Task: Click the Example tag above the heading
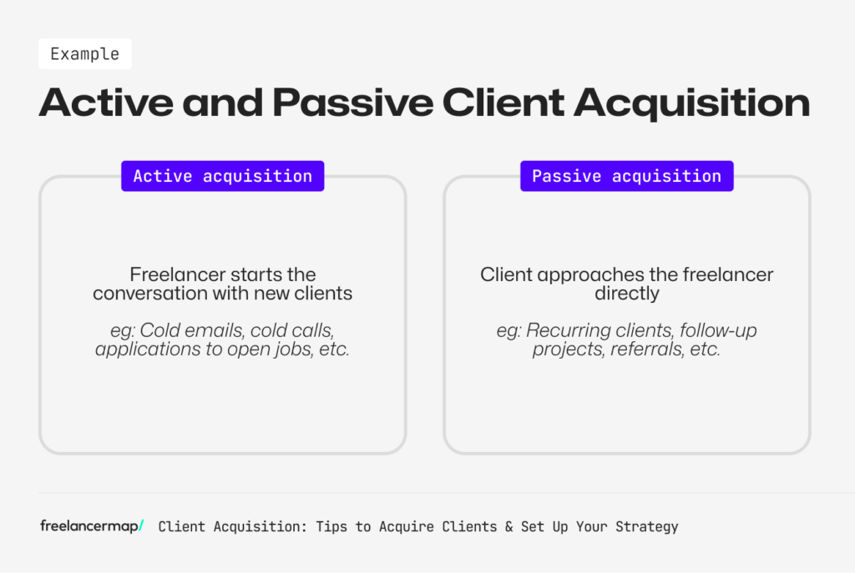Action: [84, 54]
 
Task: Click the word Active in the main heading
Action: [101, 103]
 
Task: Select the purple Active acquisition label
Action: [222, 176]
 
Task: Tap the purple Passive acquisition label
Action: [626, 176]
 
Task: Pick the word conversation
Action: [154, 294]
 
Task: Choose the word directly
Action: [626, 294]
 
